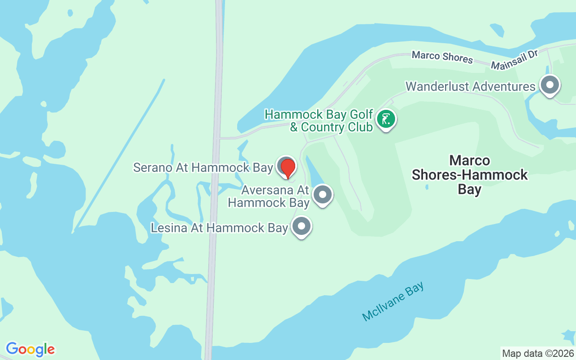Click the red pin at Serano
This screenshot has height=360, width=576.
[x=288, y=168]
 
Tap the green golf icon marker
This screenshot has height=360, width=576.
[x=386, y=119]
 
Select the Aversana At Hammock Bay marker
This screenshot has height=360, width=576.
[x=323, y=195]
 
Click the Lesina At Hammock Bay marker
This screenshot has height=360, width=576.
[x=301, y=227]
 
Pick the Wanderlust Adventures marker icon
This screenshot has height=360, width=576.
[x=549, y=85]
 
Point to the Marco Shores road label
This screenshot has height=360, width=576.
[x=442, y=57]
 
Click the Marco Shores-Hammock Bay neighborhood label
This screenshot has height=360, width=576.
[x=469, y=175]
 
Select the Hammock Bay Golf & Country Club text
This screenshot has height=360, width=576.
[x=319, y=121]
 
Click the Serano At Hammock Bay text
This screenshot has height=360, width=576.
[x=203, y=168]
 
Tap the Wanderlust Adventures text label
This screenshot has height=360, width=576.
[x=470, y=86]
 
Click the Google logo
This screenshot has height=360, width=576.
[x=30, y=349]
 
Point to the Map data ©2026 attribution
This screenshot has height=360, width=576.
[x=538, y=353]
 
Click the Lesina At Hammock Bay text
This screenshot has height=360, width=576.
[x=219, y=228]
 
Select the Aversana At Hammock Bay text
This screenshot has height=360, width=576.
[x=269, y=196]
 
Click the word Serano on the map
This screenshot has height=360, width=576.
[x=153, y=168]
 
